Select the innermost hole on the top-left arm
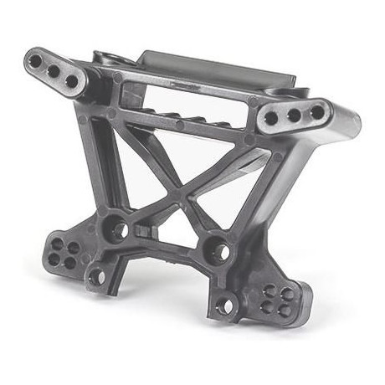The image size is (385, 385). pos(72,81)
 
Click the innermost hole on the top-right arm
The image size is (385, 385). pos(271,120)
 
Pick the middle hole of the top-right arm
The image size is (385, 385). pos(295,114)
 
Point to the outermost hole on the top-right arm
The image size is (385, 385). pos(317,110)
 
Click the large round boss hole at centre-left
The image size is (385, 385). pos(118,228)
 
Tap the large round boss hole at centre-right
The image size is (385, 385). pos(218,249)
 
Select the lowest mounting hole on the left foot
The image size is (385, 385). pos(96,275)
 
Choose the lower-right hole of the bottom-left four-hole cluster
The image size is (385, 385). pos(69,262)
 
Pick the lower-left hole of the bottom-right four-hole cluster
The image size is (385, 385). pos(269,307)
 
